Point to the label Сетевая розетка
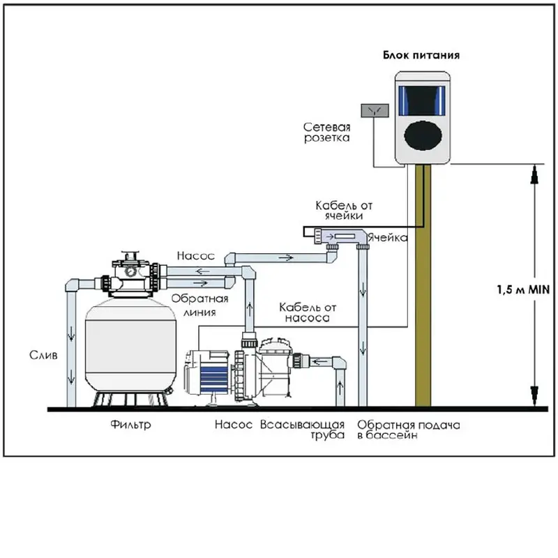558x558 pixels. click(326, 133)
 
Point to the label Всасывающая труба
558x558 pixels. click(303, 430)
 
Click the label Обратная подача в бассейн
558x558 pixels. click(409, 430)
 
